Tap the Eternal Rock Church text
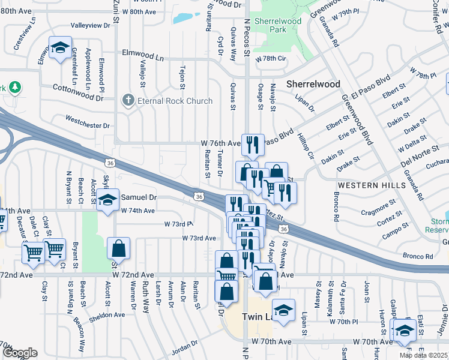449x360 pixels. click(x=175, y=101)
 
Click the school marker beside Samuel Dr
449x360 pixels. click(x=108, y=200)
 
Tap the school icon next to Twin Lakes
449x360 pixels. click(x=283, y=310)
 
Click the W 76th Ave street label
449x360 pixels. click(x=220, y=143)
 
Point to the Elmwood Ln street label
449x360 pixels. click(x=143, y=58)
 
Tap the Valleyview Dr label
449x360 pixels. click(x=91, y=25)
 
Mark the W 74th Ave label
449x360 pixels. click(x=138, y=211)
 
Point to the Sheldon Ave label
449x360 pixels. click(x=107, y=314)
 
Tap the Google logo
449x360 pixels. click(x=20, y=353)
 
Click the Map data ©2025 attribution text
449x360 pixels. click(x=423, y=355)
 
